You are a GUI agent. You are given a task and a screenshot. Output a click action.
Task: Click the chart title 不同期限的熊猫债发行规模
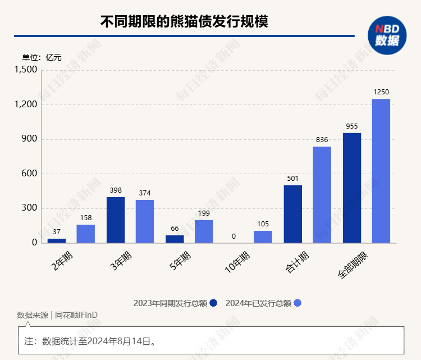coord(184,21)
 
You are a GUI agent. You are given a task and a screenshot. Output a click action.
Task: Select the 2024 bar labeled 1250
coord(381,171)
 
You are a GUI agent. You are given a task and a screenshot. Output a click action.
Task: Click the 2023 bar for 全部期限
coord(351,188)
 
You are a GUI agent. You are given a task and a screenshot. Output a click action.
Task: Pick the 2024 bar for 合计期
coord(322,194)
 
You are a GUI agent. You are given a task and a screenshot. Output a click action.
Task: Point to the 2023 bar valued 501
coord(292,214)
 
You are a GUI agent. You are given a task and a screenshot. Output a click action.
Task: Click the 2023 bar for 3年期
coord(115,220)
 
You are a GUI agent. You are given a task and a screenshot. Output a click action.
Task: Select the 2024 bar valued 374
coord(144,221)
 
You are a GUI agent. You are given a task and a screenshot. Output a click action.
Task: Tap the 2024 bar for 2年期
coord(85,234)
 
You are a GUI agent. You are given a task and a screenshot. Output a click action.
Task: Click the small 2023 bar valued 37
coord(56,240)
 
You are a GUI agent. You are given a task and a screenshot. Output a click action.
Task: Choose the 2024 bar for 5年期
coord(204,231)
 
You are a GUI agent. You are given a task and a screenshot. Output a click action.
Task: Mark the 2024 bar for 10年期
coord(263,236)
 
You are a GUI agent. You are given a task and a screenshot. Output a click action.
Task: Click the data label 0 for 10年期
coord(234,236)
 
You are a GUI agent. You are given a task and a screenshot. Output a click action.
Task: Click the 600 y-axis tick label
coord(29,174)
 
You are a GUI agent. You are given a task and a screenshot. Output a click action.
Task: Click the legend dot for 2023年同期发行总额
coord(213,303)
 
